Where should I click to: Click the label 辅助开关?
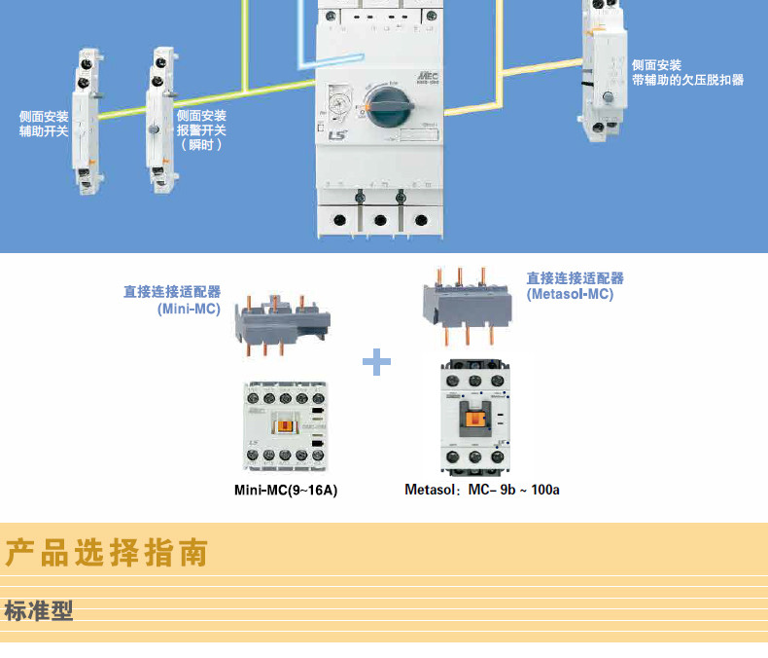[x=44, y=130]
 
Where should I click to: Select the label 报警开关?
[x=201, y=129]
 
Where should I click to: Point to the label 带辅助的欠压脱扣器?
[x=686, y=80]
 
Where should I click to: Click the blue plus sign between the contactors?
[x=376, y=363]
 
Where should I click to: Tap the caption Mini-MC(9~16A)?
[x=286, y=490]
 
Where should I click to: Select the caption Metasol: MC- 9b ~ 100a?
[x=482, y=490]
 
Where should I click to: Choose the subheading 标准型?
[x=39, y=612]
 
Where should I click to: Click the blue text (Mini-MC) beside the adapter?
[x=189, y=309]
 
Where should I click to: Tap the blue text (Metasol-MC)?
[x=571, y=294]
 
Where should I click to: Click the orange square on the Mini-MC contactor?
[x=286, y=425]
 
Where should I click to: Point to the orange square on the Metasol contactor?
[x=476, y=420]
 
